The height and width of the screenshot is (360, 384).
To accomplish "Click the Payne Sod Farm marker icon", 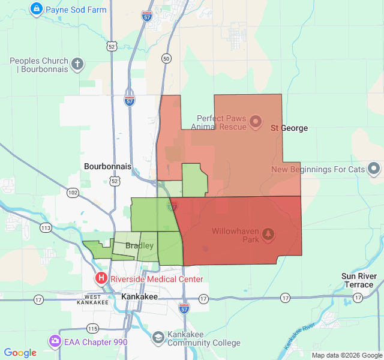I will click(36, 9).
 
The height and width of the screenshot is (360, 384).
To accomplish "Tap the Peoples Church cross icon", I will click(77, 64).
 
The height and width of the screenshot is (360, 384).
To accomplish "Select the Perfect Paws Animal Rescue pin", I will click(256, 122).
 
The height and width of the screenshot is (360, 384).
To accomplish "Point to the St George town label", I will click(289, 128).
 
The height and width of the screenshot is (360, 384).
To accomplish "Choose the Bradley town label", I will click(139, 245).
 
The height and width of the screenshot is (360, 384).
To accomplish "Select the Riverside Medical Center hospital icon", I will click(101, 278).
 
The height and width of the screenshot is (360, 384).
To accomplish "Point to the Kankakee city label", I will click(139, 296).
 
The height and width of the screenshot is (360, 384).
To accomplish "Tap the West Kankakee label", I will click(93, 299).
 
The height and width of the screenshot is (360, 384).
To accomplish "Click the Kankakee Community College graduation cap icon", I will click(158, 338).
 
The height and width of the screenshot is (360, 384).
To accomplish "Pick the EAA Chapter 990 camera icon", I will click(55, 341).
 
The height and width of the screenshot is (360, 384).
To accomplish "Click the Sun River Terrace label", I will click(359, 280).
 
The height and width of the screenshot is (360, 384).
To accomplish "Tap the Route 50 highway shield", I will click(166, 58).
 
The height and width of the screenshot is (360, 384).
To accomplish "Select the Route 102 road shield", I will click(73, 192).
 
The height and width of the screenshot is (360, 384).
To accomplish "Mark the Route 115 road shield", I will click(92, 328).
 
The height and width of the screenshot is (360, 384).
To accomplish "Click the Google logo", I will click(20, 353).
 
